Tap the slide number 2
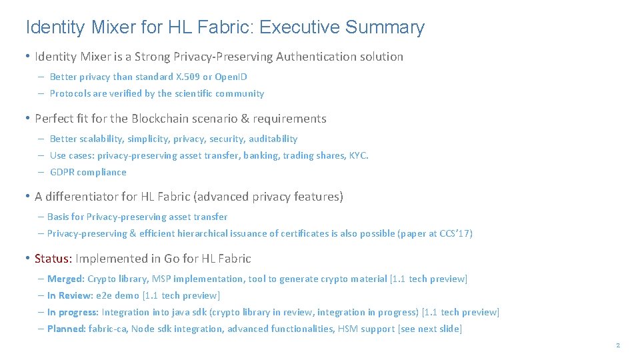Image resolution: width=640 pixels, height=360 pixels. [618, 345]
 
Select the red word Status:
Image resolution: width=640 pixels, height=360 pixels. [53, 259]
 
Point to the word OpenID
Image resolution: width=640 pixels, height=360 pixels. [231, 77]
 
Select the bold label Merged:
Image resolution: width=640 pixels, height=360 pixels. [66, 279]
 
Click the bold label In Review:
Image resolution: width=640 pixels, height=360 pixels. [69, 295]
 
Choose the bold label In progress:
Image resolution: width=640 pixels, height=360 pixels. [73, 312]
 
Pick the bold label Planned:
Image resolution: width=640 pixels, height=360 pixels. [67, 329]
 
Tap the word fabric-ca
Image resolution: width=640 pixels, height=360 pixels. [109, 329]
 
